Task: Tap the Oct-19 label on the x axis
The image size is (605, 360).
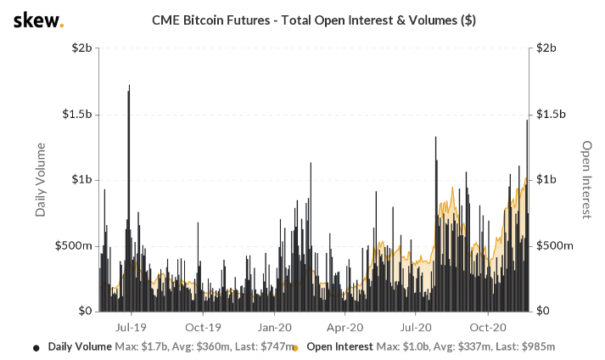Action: tap(203, 326)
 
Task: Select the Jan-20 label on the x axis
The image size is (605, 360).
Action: tap(275, 326)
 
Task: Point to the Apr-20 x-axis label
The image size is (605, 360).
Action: tap(346, 326)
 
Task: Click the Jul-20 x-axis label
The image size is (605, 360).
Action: tap(417, 326)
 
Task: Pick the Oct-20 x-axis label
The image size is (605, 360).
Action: tap(489, 326)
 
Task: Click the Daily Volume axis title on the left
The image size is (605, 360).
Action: tap(41, 179)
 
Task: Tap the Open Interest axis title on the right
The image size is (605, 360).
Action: tap(585, 179)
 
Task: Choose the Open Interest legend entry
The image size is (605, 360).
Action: tap(340, 346)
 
